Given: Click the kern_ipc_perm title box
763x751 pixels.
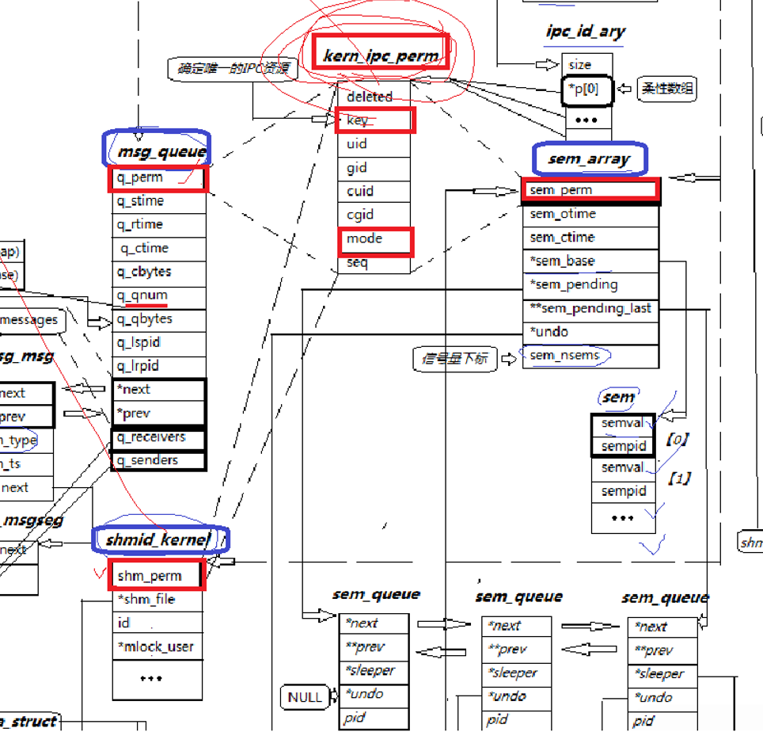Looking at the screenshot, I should coord(381,54).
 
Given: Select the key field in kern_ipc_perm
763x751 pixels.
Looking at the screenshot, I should coord(374,120).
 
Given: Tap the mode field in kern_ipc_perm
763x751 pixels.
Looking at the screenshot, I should coord(374,239).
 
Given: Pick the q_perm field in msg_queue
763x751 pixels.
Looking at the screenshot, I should coord(158,178).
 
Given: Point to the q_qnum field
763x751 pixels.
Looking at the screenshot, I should coord(158,295).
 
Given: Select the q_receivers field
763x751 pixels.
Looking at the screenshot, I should coord(158,437).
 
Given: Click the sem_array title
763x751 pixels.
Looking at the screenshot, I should coord(589,159).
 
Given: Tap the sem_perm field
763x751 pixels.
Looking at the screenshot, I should coord(590,190).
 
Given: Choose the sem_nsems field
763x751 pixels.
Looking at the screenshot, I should coord(590,356).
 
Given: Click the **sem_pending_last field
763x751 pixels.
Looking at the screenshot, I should coord(590,308).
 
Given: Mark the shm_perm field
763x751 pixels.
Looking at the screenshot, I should coord(156,575).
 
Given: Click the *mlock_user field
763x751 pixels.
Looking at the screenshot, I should coord(156,647).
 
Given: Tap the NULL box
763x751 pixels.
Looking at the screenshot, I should coord(305,697).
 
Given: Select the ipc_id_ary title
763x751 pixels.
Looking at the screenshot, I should coord(585,32).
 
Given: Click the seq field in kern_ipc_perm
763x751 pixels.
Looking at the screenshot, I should coord(374,263).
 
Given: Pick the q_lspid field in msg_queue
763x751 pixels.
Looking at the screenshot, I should coord(158,343).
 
